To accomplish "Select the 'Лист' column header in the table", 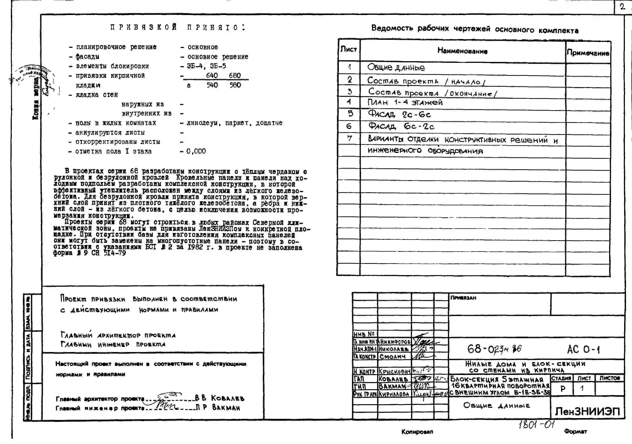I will click(x=348, y=49).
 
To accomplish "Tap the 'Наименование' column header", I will click(x=462, y=51).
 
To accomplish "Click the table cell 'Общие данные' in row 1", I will click(x=396, y=68).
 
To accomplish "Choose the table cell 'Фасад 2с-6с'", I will click(x=399, y=114).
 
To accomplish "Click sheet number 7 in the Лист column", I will click(x=349, y=138).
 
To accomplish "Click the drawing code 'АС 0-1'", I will click(x=583, y=349).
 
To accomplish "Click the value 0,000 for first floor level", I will click(x=196, y=151).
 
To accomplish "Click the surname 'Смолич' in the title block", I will click(x=392, y=357).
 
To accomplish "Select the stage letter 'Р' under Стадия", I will click(x=563, y=389).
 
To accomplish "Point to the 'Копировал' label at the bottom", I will click(x=417, y=432).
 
